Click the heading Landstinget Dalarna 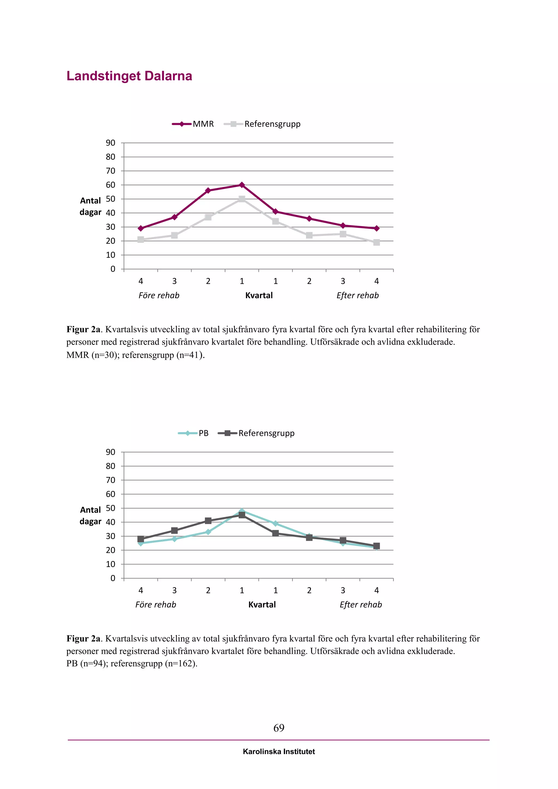pos(129,76)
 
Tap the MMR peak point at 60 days pos(242,185)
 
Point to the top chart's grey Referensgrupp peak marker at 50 pos(242,199)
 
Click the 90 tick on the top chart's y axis pos(111,143)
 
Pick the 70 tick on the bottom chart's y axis pos(111,480)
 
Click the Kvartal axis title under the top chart pos(259,296)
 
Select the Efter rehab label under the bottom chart pos(361,605)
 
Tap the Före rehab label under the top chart pos(159,296)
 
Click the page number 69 pos(279,728)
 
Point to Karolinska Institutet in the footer pos(279,752)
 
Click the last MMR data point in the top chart pos(377,228)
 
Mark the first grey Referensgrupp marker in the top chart pos(141,239)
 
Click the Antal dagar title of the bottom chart pos(90,515)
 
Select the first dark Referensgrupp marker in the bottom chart pos(141,539)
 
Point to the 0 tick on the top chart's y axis pos(113,269)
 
